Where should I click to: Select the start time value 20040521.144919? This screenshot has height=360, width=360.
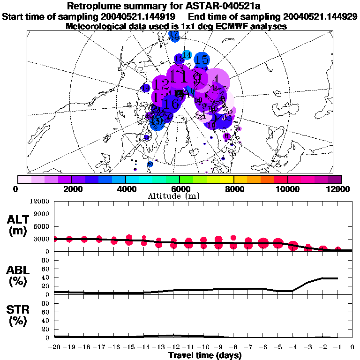[x=141, y=16]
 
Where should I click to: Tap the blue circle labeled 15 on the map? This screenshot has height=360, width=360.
[x=202, y=60]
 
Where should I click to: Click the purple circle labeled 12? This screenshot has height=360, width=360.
[x=161, y=85]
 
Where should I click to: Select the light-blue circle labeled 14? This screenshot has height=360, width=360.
[x=187, y=55]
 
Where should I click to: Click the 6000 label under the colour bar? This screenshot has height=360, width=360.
[x=180, y=189]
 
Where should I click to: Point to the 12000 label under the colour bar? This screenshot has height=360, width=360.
[x=340, y=189]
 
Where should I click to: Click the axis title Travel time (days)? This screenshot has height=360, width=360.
[x=205, y=356]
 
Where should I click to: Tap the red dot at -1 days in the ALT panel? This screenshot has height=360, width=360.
[x=337, y=250]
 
